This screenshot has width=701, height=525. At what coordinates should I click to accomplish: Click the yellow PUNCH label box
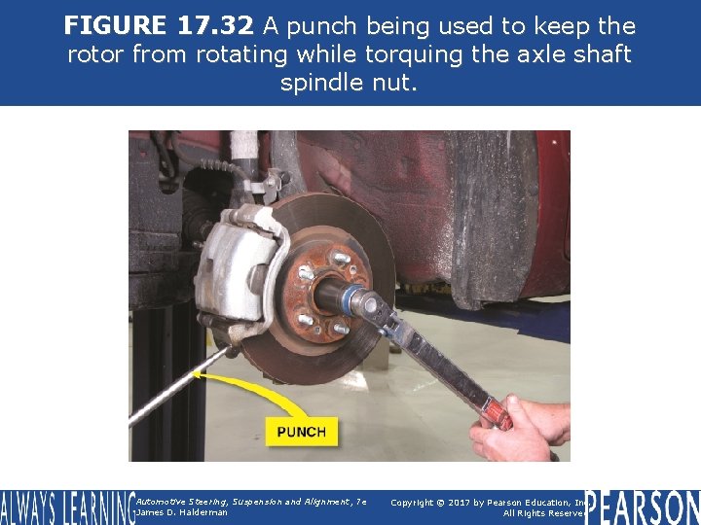point(301,431)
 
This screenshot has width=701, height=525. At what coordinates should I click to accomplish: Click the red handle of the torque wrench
point(496,414)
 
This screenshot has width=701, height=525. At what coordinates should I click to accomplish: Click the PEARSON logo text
point(643,506)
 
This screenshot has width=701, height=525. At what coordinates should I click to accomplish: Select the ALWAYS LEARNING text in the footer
point(65,507)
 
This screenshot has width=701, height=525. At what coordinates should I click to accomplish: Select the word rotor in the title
point(97,54)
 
